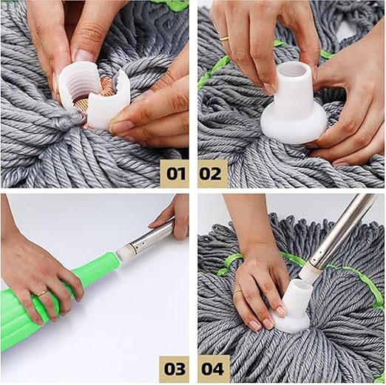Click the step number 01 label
pos(175,174)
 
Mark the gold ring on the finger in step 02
pos(224,37)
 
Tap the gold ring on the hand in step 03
pos(41,293)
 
